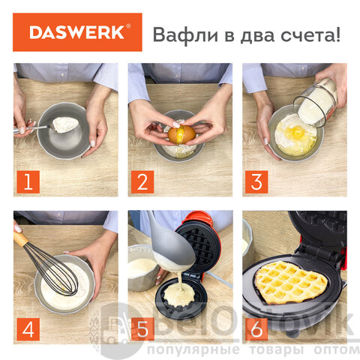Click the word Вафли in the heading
tap(186, 34)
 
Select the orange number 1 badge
tap(28, 181)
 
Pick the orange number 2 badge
tap(142, 181)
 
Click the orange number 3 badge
tap(256, 181)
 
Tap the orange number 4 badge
tap(28, 329)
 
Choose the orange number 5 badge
tap(142, 329)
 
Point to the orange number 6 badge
tap(256, 329)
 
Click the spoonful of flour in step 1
tap(65, 124)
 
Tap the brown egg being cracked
tap(181, 135)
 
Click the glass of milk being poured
tap(316, 102)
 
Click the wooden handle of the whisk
tap(20, 239)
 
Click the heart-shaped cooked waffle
tap(292, 283)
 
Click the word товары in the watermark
tap(277, 349)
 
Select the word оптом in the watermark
tap(337, 349)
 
